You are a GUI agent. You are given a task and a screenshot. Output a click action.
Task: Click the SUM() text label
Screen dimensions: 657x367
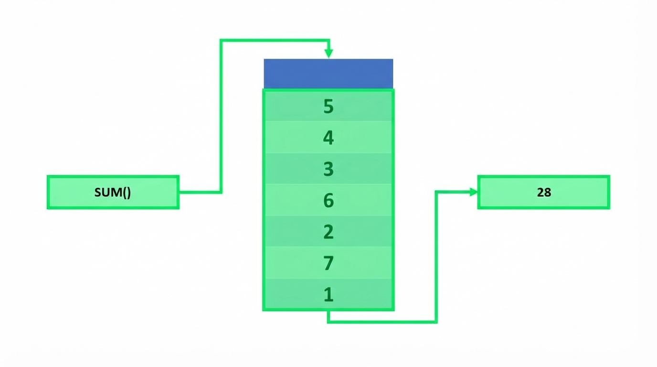click(x=113, y=193)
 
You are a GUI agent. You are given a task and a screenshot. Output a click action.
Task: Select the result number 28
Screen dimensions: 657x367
click(x=544, y=193)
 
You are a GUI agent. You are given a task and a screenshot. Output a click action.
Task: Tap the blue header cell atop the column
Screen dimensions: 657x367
click(x=328, y=74)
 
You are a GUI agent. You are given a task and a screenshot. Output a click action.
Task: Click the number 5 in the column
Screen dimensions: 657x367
click(x=328, y=106)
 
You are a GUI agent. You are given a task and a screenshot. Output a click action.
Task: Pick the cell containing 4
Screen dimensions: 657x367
click(x=328, y=137)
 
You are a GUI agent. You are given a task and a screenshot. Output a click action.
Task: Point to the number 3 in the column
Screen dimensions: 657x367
click(x=328, y=169)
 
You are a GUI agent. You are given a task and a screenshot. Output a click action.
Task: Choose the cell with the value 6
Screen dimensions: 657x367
click(x=328, y=200)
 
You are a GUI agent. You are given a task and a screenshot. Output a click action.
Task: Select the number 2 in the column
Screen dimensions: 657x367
click(x=328, y=232)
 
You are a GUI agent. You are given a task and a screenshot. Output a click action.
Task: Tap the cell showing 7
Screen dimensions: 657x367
click(x=328, y=263)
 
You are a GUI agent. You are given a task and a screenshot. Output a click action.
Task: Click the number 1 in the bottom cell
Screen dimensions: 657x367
click(x=329, y=294)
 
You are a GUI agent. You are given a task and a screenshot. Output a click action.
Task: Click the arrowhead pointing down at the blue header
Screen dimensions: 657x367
click(x=329, y=54)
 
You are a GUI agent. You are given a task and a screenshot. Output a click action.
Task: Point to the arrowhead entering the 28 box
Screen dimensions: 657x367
click(x=474, y=192)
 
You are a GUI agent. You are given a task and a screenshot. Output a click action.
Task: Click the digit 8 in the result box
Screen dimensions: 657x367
click(x=548, y=193)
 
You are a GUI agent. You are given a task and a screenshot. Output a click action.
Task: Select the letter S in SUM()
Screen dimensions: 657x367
click(x=98, y=193)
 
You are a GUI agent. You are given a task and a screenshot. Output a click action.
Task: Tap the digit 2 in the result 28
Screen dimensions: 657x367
click(x=540, y=193)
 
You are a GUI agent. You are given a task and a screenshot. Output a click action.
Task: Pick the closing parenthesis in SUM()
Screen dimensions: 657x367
click(x=129, y=193)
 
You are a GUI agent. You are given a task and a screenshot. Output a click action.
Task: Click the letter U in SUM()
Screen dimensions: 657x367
click(x=106, y=193)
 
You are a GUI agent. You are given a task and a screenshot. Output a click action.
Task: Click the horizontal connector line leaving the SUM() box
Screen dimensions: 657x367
click(x=200, y=192)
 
